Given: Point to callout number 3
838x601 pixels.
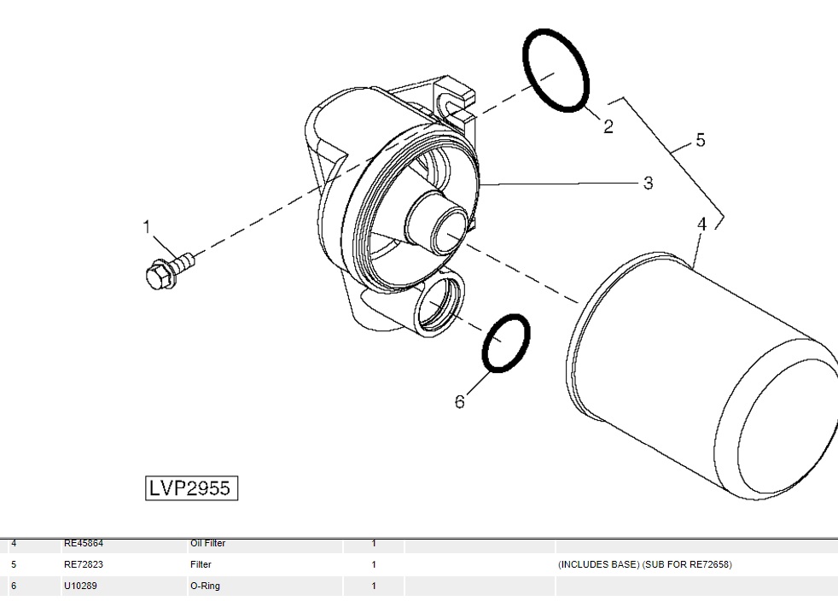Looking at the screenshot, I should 648,183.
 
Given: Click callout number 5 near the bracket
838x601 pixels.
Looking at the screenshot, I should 701,140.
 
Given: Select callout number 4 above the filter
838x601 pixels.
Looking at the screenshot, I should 701,225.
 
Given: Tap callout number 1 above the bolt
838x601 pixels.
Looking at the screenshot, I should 147,226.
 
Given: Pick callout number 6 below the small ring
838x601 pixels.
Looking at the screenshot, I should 460,401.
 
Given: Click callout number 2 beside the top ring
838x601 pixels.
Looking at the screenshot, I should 608,126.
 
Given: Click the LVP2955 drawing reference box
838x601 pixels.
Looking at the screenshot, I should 190,488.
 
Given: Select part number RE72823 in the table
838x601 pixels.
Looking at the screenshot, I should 84,564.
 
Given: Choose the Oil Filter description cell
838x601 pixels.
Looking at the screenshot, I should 207,544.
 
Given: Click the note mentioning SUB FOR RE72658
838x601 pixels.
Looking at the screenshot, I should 645,564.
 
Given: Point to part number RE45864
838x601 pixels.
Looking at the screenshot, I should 84,544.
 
